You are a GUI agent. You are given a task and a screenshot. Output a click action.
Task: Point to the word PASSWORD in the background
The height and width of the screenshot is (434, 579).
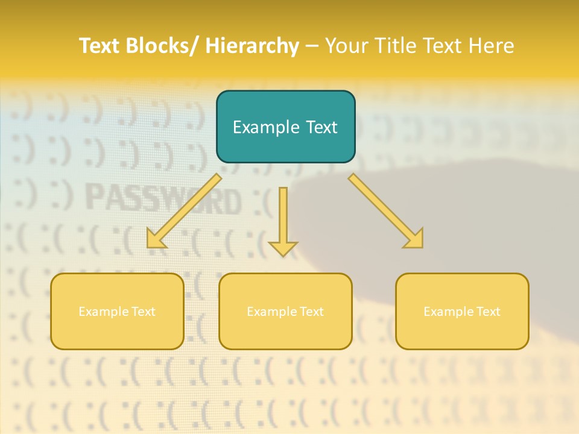[x=163, y=200]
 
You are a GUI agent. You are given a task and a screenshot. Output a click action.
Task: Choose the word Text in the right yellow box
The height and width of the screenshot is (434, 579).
[x=487, y=312]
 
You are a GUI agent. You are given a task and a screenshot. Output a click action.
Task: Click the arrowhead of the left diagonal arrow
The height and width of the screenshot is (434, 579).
[x=156, y=239]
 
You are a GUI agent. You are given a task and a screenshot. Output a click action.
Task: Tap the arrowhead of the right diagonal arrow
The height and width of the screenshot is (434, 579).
[x=414, y=239]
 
